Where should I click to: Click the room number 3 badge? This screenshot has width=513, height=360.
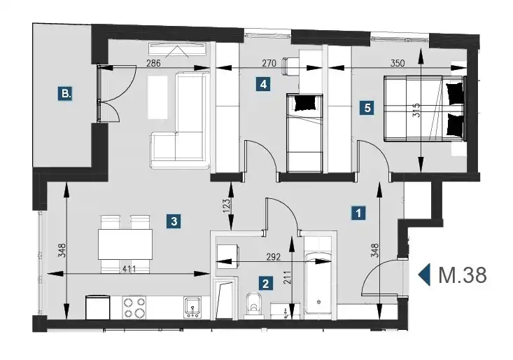pyautogui.click(x=174, y=221)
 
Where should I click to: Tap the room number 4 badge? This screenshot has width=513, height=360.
pyautogui.click(x=263, y=84)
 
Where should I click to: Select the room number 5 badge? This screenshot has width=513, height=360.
pyautogui.click(x=367, y=107)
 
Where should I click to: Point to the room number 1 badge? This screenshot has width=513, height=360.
pyautogui.click(x=358, y=213)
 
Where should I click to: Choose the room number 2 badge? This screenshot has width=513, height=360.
pyautogui.click(x=265, y=283)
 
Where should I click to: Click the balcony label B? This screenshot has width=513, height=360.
pyautogui.click(x=66, y=94)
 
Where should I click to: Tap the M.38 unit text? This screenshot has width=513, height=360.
pyautogui.click(x=463, y=275)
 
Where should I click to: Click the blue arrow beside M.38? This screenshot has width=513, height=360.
pyautogui.click(x=424, y=275)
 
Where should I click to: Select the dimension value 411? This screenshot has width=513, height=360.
pyautogui.click(x=129, y=270)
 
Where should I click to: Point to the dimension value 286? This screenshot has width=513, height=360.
pyautogui.click(x=153, y=63)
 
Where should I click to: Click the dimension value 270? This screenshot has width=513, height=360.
pyautogui.click(x=269, y=63)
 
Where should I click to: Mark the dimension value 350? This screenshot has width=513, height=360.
pyautogui.click(x=398, y=63)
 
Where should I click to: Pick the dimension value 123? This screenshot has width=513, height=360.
pyautogui.click(x=227, y=206)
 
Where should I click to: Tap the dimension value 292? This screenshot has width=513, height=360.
pyautogui.click(x=274, y=257)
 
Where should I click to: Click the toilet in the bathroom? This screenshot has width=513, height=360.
pyautogui.click(x=253, y=305)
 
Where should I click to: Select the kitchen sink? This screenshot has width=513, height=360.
pyautogui.click(x=192, y=307)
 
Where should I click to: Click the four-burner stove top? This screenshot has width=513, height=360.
pyautogui.click(x=134, y=307)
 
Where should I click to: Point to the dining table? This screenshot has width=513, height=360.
pyautogui.click(x=125, y=244)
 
